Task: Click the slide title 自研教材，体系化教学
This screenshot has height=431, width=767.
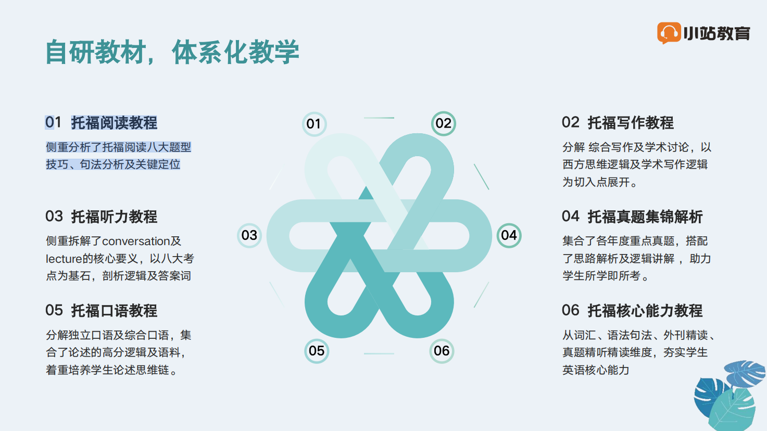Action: pyautogui.click(x=172, y=52)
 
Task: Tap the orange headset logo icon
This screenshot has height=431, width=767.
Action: pyautogui.click(x=669, y=33)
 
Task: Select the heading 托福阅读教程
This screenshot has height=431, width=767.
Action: pyautogui.click(x=114, y=122)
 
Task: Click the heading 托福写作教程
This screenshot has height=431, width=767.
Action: pyautogui.click(x=631, y=122)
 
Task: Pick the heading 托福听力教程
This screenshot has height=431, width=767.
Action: pyautogui.click(x=114, y=217)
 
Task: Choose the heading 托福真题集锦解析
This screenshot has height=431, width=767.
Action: pyautogui.click(x=645, y=217)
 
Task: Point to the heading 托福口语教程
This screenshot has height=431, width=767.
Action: pyautogui.click(x=114, y=311)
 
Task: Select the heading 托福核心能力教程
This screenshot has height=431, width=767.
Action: pyautogui.click(x=645, y=311)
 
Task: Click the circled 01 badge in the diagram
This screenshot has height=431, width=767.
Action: pyautogui.click(x=314, y=124)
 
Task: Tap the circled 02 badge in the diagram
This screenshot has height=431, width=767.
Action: pyautogui.click(x=444, y=123)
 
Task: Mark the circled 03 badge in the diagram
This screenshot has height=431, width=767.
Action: pyautogui.click(x=249, y=235)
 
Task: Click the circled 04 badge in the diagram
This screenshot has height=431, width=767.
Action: pyautogui.click(x=509, y=235)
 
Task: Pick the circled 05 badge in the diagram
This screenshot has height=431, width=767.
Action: pyautogui.click(x=317, y=351)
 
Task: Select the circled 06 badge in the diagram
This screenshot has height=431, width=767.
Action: pyautogui.click(x=442, y=351)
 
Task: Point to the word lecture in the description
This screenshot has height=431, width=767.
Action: pyautogui.click(x=64, y=259)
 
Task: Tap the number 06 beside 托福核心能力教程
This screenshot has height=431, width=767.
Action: pyautogui.click(x=571, y=310)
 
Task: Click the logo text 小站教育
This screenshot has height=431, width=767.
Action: pyautogui.click(x=716, y=33)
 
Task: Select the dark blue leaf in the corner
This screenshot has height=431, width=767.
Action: pyautogui.click(x=710, y=397)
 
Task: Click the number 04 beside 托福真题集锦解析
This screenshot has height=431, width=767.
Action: pyautogui.click(x=571, y=216)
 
